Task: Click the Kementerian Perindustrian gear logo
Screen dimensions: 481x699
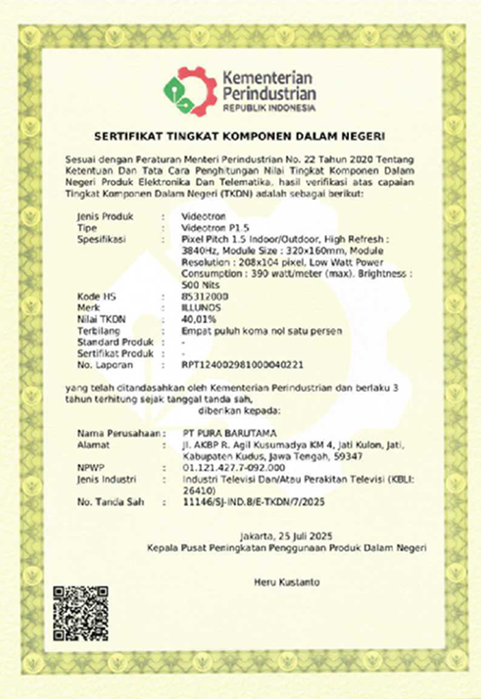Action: pyautogui.click(x=186, y=89)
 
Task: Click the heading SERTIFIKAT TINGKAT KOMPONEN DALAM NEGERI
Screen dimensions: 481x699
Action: pyautogui.click(x=240, y=135)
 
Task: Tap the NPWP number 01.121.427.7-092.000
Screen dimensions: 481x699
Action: pyautogui.click(x=230, y=467)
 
